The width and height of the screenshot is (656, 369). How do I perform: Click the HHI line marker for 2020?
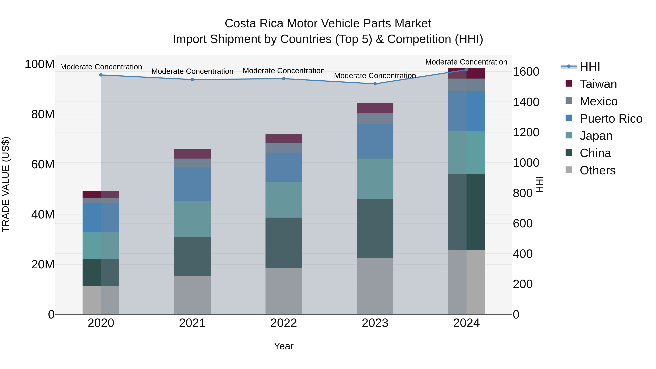point(101,75)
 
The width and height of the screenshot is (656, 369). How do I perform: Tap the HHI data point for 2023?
point(375,84)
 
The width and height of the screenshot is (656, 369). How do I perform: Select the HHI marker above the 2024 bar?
point(466,70)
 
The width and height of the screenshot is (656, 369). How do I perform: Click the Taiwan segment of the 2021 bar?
point(192,154)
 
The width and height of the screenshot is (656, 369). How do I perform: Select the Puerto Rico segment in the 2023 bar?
point(375,141)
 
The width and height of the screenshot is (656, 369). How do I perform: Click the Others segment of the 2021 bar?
point(192,295)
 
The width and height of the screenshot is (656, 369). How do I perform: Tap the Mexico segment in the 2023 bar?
point(375,118)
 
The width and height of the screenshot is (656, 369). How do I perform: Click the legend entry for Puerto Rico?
point(611,119)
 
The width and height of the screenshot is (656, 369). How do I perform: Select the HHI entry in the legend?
point(589,67)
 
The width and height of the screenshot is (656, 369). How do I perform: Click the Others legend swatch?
point(569,170)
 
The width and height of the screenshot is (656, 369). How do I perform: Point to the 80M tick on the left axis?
point(42,114)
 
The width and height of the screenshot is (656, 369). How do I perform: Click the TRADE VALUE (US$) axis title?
point(6,184)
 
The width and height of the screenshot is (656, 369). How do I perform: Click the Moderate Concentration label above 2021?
point(192,71)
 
